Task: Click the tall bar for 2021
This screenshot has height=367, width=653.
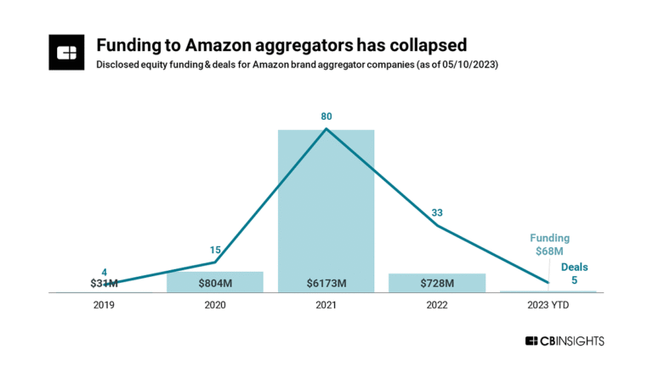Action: click(326, 204)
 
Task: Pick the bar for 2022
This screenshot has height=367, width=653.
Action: click(437, 283)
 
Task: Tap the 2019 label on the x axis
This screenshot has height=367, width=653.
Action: click(104, 304)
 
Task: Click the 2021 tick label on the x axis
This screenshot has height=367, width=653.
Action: click(326, 304)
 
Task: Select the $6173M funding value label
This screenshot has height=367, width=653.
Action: click(326, 283)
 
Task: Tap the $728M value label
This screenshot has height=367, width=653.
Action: click(437, 283)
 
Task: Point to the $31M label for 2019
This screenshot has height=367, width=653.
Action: click(104, 283)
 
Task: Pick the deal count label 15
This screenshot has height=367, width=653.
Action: click(215, 250)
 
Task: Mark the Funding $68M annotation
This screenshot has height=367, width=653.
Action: click(550, 245)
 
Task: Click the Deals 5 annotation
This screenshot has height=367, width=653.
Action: click(574, 273)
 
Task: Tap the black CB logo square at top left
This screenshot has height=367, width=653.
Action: click(66, 53)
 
